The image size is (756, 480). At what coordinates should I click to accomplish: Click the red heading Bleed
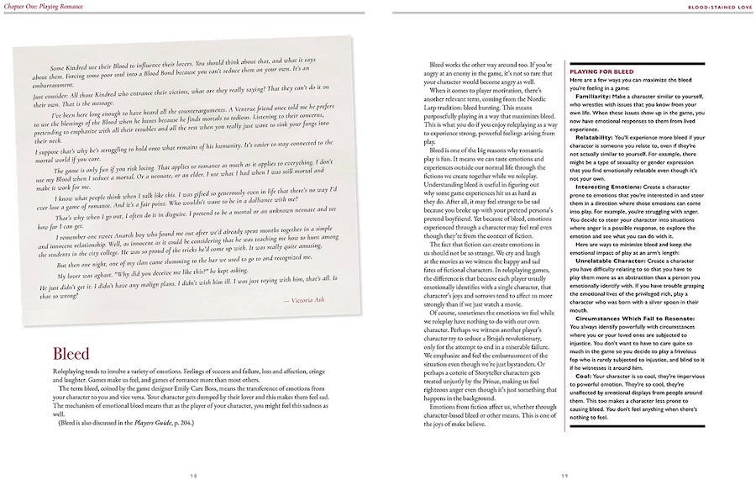pos(71,355)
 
